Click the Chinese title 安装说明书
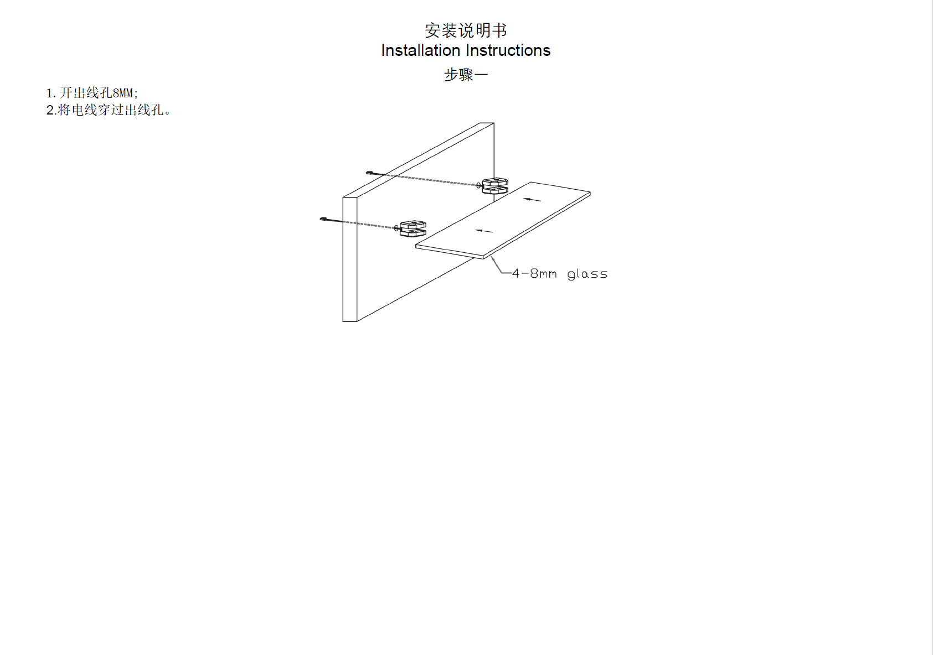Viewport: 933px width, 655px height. tap(466, 30)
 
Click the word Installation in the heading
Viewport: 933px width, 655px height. tap(421, 50)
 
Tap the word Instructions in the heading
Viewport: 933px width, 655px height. tap(508, 50)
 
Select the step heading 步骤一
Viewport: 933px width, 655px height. tap(466, 75)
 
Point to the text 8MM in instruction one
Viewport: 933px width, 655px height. tap(123, 92)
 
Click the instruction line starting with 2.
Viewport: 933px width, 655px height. tap(109, 110)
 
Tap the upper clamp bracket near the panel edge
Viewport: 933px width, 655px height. tap(495, 186)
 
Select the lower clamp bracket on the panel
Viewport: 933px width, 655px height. tap(413, 228)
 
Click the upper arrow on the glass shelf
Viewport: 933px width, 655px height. tap(532, 200)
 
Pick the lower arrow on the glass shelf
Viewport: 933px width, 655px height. tap(484, 231)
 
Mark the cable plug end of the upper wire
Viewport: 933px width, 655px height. tap(369, 173)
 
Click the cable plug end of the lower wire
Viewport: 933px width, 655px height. tap(323, 219)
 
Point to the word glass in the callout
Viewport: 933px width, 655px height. tap(587, 274)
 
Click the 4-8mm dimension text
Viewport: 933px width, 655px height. tap(534, 273)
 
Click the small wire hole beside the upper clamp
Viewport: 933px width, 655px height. tap(478, 185)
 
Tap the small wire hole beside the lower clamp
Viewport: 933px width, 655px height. tap(396, 228)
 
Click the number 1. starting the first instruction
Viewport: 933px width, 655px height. tap(51, 93)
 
